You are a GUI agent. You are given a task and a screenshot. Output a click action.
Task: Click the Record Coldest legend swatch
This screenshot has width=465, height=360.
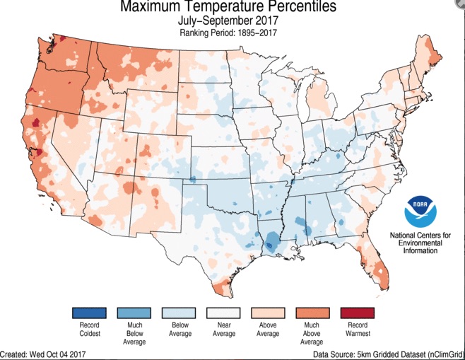click(x=89, y=313)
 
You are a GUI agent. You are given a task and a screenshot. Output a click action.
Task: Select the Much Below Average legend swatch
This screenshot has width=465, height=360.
click(x=134, y=313)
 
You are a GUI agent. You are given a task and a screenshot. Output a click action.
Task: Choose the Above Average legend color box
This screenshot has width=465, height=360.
click(x=269, y=313)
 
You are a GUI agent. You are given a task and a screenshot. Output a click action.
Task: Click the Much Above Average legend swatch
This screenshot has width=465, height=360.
click(x=313, y=313)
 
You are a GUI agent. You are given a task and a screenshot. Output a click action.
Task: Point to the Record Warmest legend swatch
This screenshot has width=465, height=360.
click(x=358, y=313)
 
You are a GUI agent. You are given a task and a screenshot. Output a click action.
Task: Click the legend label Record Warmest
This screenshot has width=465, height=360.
click(x=358, y=330)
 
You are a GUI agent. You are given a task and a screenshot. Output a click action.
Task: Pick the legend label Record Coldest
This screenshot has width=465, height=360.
click(x=89, y=330)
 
